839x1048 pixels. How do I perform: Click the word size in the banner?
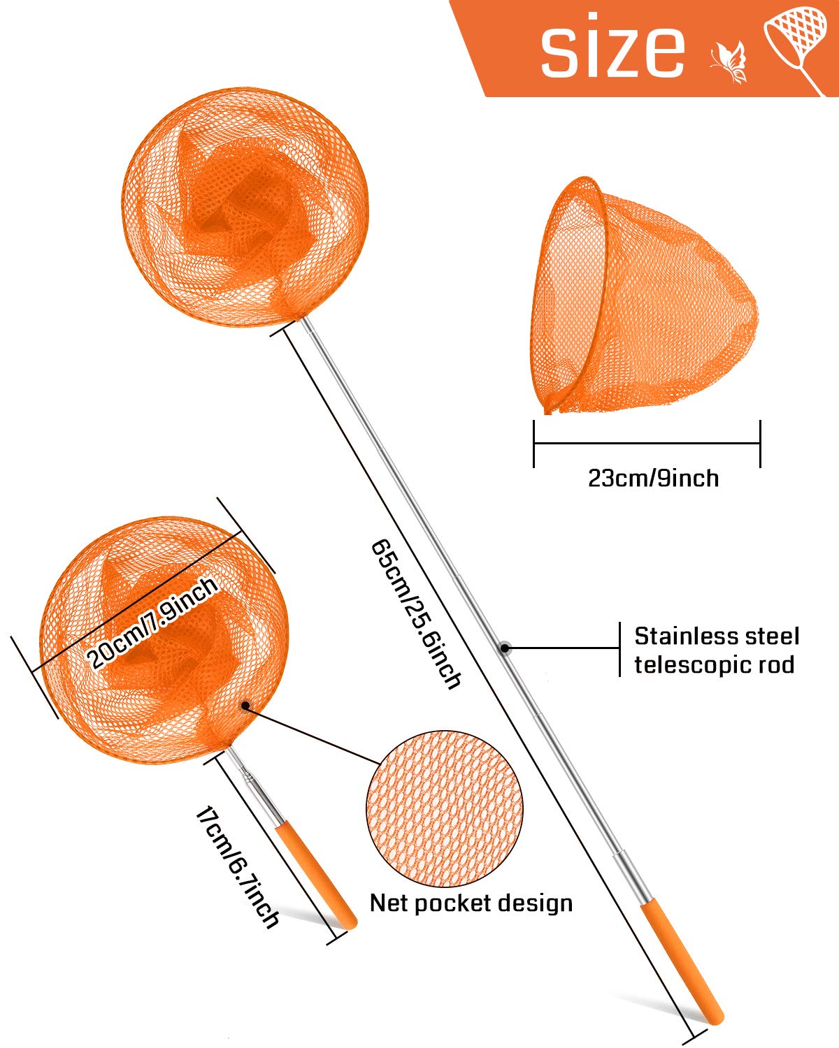point(612,45)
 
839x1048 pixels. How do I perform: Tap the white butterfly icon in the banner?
point(729,62)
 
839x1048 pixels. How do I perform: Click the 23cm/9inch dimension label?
point(653,478)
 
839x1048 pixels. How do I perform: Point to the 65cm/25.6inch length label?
point(416,614)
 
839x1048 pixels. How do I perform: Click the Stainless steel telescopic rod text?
point(717,650)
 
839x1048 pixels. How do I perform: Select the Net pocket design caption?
point(471,903)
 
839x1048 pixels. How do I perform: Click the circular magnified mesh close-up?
point(444,809)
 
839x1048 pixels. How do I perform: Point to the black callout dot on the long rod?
point(505,648)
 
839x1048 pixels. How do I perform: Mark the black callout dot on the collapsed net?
point(245,705)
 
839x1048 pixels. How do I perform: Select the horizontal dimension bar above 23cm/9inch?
point(647,443)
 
